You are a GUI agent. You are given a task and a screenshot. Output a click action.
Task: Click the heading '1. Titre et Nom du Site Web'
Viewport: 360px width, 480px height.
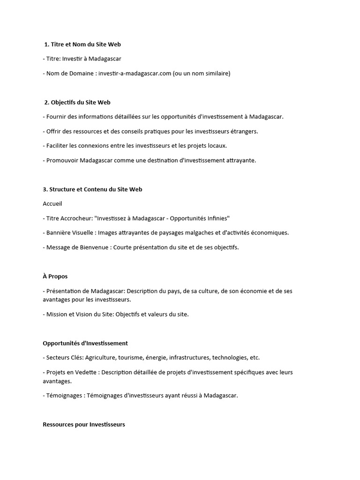tap(82, 45)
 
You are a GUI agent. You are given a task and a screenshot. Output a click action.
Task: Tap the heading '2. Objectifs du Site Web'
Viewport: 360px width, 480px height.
tap(77, 102)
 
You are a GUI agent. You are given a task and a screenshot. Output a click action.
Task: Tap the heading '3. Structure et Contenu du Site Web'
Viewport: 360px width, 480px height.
tap(92, 189)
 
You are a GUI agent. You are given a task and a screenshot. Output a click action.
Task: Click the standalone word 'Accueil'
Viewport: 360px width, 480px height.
tap(52, 204)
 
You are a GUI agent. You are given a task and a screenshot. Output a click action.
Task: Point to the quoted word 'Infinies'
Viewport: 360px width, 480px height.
tap(217, 218)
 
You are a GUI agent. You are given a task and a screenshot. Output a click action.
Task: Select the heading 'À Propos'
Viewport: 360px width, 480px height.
tap(55, 277)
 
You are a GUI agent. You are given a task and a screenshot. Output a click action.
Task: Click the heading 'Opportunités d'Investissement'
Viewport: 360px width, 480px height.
tap(85, 344)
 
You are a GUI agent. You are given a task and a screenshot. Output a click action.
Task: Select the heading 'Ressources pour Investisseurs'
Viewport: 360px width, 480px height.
tap(84, 425)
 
